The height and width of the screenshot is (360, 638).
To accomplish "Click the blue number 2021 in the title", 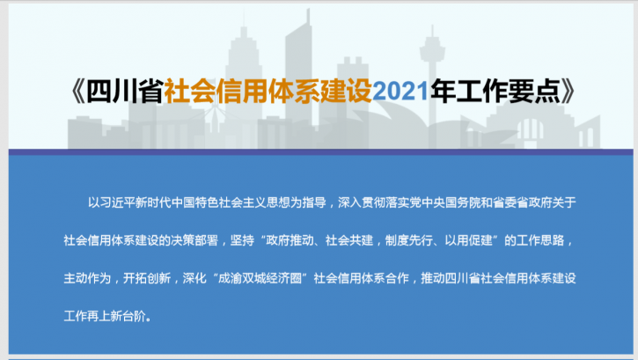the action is point(400,91).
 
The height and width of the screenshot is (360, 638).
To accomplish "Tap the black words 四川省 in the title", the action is point(125,91).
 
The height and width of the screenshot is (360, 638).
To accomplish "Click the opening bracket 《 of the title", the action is point(77,91).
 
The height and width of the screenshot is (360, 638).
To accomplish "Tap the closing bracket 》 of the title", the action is point(568,91).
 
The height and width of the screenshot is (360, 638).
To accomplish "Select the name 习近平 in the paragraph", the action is point(117,202).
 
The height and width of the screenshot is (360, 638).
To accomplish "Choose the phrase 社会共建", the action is point(349,240).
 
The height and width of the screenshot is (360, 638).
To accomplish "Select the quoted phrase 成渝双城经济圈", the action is point(260,278).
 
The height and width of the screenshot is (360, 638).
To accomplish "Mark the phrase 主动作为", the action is point(87,278).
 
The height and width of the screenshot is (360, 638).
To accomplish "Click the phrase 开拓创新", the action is point(147,278).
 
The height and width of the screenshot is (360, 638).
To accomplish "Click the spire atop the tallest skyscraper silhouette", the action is point(308,16).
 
